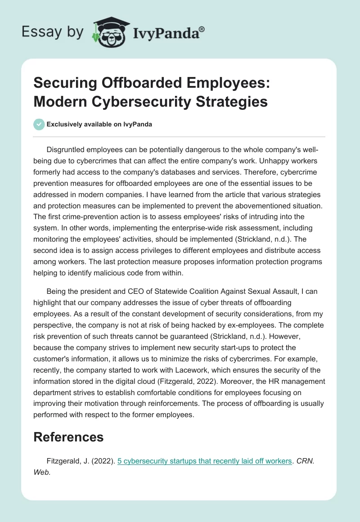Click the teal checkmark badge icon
[40, 124]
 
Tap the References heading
[68, 436]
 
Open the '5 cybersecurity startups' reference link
[205, 461]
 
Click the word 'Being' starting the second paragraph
[57, 292]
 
